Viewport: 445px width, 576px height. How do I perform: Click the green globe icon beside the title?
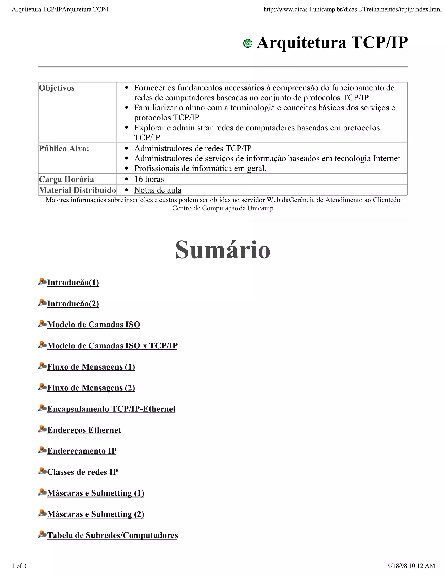coord(247,43)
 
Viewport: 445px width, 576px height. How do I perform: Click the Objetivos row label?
coord(57,88)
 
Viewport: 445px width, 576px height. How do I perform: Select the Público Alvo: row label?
coord(64,149)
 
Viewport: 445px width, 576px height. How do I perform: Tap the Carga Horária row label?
coord(66,179)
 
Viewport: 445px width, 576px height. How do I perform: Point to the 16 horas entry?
coord(149,179)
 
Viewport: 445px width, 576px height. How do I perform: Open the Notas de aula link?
coord(158,190)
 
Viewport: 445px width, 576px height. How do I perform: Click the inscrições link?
coord(138,200)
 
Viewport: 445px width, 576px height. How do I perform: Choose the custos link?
coord(168,200)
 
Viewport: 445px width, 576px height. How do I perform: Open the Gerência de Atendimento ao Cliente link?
coord(340,200)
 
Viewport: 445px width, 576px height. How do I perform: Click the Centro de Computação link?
coord(205,208)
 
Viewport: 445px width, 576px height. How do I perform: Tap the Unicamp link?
coord(260,208)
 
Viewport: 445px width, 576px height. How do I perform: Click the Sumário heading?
coord(223,250)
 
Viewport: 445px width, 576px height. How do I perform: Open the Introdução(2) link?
coord(73,304)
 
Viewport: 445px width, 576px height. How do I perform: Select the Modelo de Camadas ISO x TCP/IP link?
coord(112,346)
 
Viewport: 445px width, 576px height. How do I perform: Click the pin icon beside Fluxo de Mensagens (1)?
coord(42,366)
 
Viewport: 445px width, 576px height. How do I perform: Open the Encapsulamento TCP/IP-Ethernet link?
coord(111,409)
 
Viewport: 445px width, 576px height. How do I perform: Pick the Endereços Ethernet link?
coord(84,430)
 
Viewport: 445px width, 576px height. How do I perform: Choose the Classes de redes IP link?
coord(82,472)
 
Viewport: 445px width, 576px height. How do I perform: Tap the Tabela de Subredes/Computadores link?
coord(112,535)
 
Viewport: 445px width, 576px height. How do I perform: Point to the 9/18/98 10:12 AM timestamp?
coord(411,566)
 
